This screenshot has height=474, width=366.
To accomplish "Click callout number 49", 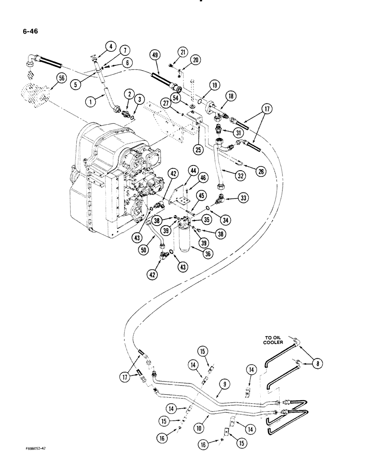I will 155,55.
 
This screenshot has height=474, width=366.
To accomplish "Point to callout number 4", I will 110,46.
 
